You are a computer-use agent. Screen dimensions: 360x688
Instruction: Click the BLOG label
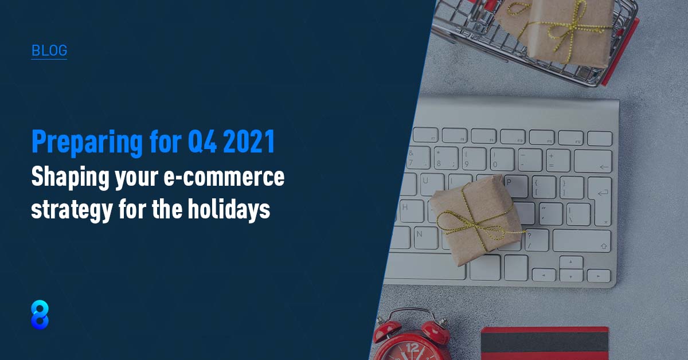49,50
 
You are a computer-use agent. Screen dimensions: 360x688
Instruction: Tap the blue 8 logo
40,314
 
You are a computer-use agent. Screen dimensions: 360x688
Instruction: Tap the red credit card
545,343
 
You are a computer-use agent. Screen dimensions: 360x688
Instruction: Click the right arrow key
598,276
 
